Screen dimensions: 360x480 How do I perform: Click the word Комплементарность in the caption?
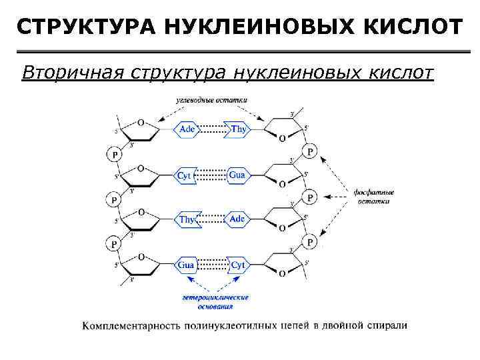137,326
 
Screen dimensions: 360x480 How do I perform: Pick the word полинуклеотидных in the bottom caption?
241,326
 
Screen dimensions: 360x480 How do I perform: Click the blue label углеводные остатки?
211,99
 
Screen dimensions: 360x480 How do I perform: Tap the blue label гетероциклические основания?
215,301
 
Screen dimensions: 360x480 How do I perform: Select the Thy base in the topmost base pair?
237,129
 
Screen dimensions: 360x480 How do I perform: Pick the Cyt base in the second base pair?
185,175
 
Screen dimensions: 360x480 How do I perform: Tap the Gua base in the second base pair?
237,175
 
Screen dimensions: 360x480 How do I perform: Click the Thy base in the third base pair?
187,219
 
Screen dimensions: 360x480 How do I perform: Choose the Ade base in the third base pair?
237,219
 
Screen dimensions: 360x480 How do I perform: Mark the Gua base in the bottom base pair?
187,265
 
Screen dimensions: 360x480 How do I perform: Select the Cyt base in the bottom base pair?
237,265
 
